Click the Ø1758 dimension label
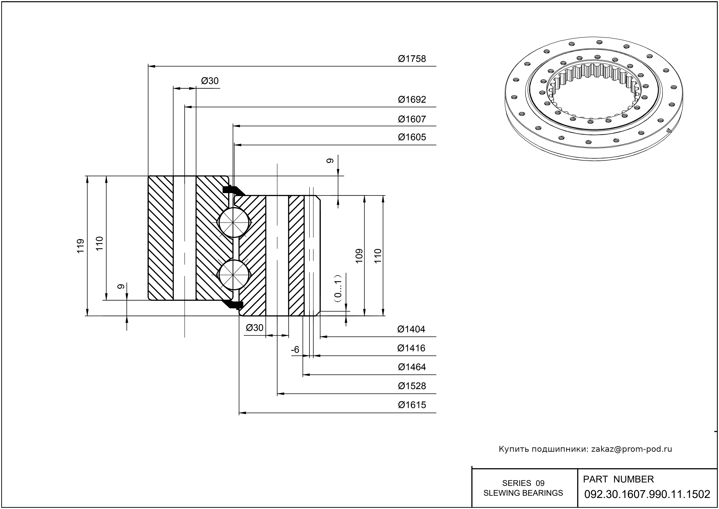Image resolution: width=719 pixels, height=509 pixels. coord(412,59)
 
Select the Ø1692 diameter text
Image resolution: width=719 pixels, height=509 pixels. coord(412,100)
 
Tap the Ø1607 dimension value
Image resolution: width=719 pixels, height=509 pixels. coord(412,119)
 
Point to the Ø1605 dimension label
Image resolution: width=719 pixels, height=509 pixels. coord(412,137)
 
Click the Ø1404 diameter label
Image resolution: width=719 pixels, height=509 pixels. coord(411,329)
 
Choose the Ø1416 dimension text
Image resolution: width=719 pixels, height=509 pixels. coord(411,348)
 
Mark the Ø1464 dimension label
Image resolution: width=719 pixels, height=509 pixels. coord(412,367)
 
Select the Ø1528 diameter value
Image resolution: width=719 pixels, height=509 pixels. coord(412,386)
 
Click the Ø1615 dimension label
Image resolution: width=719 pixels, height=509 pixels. coord(412,405)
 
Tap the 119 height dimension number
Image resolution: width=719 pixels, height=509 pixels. coord(81,246)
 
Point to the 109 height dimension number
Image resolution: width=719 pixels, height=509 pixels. coord(359,256)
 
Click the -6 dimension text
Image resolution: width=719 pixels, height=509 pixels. coord(295,350)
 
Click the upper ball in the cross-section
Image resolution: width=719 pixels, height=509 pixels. coord(234,223)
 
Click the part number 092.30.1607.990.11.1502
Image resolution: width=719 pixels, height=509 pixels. coord(647,494)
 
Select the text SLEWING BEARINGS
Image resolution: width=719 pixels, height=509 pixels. coord(523,493)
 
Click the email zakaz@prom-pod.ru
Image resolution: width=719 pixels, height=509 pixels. coord(631,449)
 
